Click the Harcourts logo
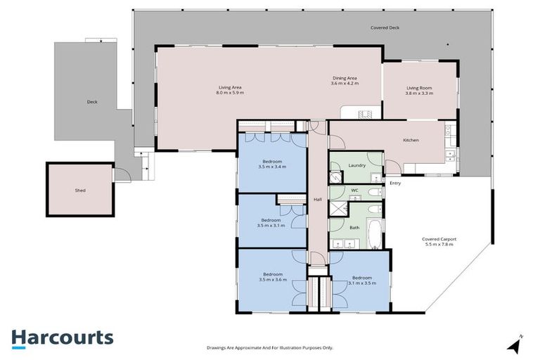[62, 337]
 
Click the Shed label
[80, 190]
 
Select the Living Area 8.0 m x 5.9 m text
[230, 90]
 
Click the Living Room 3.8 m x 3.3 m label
[419, 90]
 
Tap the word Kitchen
[411, 140]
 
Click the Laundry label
[356, 165]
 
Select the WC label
[355, 190]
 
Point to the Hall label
[318, 200]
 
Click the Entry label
[395, 184]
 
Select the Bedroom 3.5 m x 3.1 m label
[271, 221]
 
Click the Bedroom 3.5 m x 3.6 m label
[272, 276]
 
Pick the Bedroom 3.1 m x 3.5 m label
[361, 280]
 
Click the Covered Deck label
[385, 28]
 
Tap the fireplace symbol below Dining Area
[364, 112]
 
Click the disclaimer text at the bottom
[270, 347]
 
